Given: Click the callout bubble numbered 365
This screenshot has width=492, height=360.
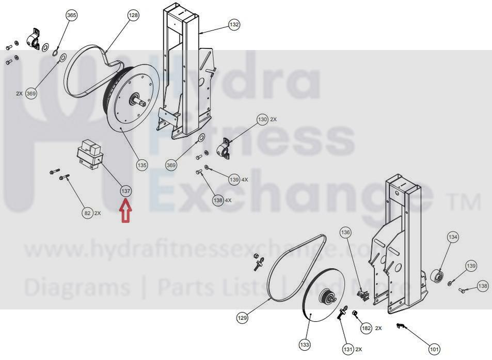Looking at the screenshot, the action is tap(72, 15).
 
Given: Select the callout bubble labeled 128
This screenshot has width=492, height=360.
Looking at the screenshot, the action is tap(133, 15).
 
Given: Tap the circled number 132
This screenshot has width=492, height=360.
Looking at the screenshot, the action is tap(234, 24).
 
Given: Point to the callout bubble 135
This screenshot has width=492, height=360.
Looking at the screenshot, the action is tap(142, 165).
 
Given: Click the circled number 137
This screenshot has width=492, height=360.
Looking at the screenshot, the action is tap(126, 191).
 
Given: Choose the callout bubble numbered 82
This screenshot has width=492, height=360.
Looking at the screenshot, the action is tap(87, 213).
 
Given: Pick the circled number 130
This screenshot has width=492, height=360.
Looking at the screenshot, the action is tap(262, 120).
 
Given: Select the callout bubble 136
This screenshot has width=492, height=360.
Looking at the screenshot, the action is tap(345, 232).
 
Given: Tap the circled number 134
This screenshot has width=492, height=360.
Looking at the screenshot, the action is tap(453, 237).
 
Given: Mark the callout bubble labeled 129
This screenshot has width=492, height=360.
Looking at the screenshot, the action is tap(242, 318).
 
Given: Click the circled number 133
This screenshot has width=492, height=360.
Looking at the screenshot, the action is tap(305, 345).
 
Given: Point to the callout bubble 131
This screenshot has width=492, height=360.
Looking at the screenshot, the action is tap(348, 349).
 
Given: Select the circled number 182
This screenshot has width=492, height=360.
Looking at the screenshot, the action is tap(366, 328).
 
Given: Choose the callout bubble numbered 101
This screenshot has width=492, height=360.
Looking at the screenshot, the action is tap(434, 349).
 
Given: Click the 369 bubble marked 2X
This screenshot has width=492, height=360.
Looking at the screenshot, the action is tap(31, 93).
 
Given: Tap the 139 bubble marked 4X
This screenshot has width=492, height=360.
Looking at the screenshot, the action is tap(234, 180).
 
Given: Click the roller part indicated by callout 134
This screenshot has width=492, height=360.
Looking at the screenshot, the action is tap(437, 276).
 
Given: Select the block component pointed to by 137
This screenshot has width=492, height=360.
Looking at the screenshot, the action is tap(90, 154).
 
